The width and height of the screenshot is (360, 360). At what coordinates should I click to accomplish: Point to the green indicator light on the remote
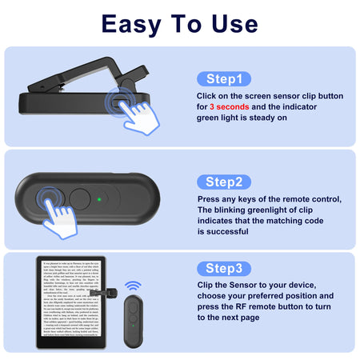pyautogui.click(x=97, y=198)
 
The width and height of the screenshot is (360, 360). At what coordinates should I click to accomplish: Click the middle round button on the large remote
pyautogui.click(x=79, y=198)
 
